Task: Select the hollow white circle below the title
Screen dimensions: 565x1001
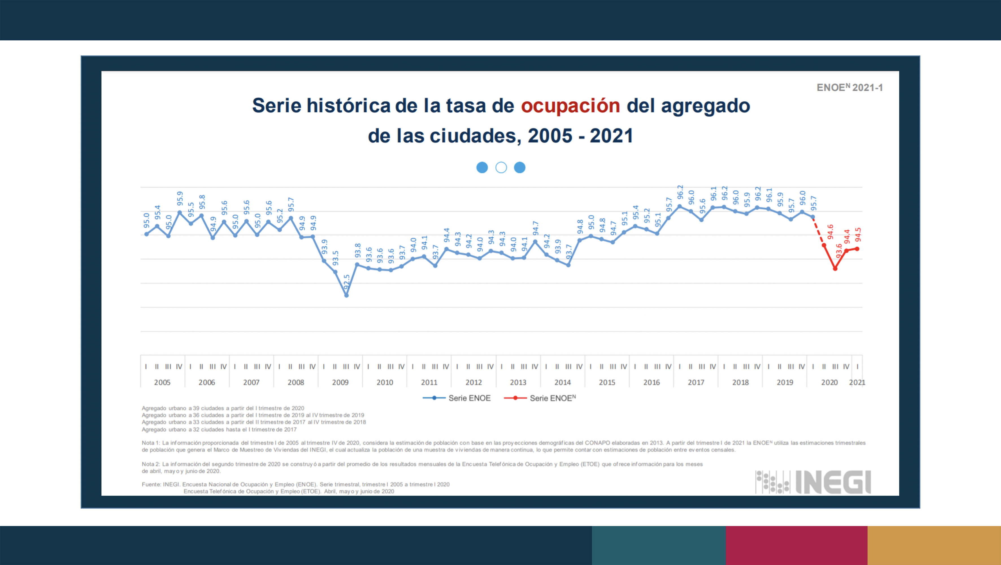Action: (501, 168)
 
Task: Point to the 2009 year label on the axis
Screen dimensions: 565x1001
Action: (340, 383)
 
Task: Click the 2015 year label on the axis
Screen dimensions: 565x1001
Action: (607, 383)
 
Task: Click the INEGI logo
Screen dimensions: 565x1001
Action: (813, 482)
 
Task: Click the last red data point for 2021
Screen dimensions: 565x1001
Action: (857, 249)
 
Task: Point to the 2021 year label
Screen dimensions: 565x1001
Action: (857, 383)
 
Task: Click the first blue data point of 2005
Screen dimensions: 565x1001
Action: (147, 234)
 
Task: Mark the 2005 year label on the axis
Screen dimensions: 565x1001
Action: (162, 383)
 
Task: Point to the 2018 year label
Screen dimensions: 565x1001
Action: (740, 383)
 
